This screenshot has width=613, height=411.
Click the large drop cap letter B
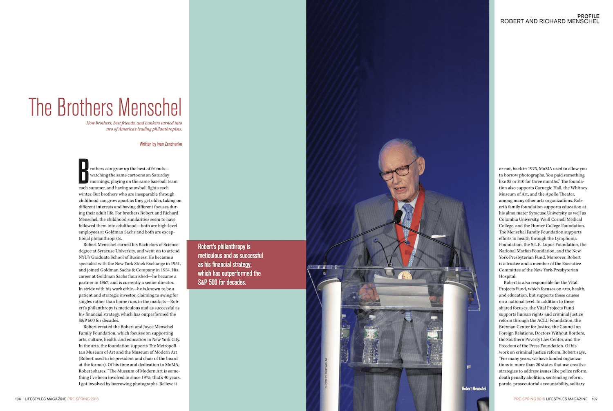84,171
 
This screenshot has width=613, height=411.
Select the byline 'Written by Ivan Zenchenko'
161,144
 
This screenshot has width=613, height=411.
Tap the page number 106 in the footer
18,399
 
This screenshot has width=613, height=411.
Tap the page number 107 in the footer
594,399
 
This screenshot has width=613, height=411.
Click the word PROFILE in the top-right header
588,16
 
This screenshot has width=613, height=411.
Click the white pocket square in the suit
438,236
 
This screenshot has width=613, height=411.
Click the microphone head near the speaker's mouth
398,216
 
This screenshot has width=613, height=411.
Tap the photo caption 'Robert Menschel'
474,388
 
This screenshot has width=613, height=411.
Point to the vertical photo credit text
326,373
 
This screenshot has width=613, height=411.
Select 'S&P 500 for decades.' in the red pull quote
222,282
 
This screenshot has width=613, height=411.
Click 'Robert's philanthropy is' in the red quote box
224,246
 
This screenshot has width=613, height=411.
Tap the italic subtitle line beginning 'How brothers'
134,123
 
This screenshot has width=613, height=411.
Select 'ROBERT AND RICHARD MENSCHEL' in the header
550,21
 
